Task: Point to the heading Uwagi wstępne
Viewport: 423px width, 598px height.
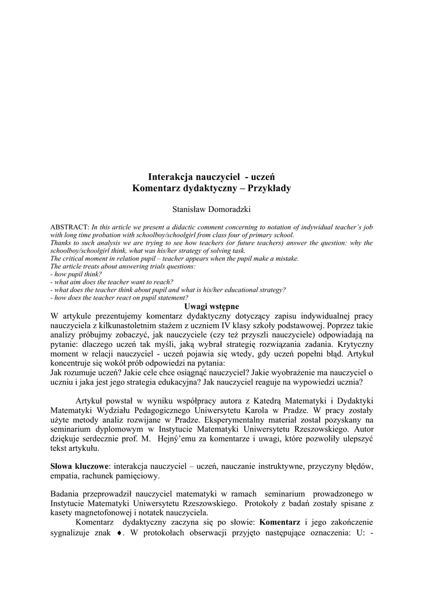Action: pos(211,306)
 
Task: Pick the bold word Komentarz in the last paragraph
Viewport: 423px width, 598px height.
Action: pos(280,522)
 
